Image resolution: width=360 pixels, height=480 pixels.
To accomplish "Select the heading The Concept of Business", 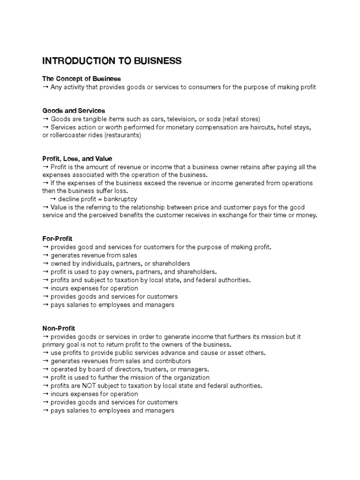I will (x=82, y=79).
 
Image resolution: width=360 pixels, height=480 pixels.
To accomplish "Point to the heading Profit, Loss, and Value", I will (x=77, y=159).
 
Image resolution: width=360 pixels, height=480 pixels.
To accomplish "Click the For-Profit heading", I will (x=57, y=239).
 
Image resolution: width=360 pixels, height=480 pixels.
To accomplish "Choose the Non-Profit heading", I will (x=59, y=329).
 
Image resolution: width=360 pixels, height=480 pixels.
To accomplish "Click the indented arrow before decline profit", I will (x=52, y=199).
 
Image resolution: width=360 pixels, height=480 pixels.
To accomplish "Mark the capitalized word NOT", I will (x=93, y=386).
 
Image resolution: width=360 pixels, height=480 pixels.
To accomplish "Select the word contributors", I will (x=168, y=361).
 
